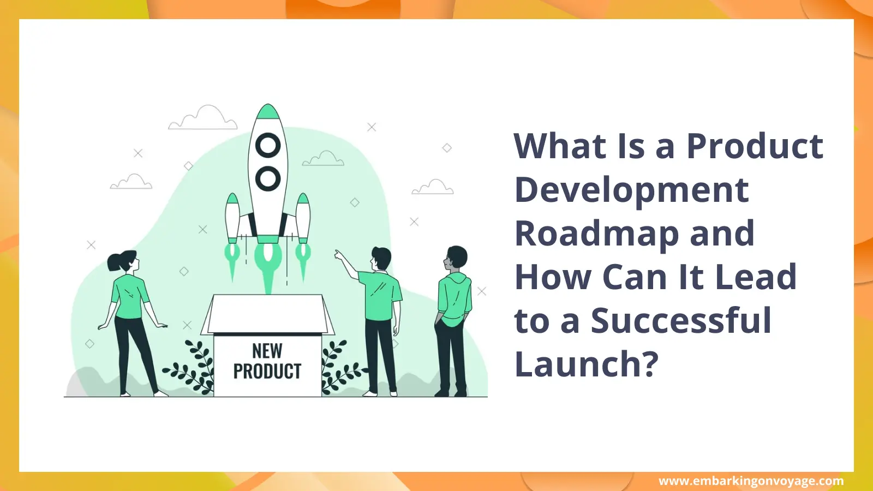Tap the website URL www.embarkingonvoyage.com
751,481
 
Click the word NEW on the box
267,351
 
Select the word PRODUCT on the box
267,372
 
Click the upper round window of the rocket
268,146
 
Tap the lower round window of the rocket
268,178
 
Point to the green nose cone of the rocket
268,112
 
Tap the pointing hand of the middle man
339,254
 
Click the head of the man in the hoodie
457,258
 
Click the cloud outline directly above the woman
131,183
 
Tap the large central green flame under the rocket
268,265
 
